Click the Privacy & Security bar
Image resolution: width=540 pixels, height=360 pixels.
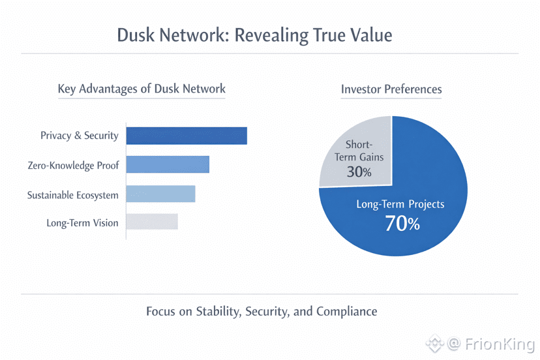pyautogui.click(x=187, y=136)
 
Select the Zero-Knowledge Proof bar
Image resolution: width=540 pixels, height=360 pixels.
pyautogui.click(x=168, y=164)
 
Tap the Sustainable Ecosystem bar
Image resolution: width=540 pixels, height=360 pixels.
pyautogui.click(x=160, y=194)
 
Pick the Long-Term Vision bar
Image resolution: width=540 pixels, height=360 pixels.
pyautogui.click(x=152, y=222)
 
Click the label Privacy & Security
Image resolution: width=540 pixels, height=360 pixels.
pyautogui.click(x=79, y=136)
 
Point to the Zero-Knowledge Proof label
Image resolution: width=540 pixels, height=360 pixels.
pyautogui.click(x=73, y=166)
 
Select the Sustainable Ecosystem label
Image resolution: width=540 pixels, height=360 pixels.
pyautogui.click(x=72, y=195)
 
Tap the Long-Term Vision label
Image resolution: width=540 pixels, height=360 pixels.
pyautogui.click(x=82, y=223)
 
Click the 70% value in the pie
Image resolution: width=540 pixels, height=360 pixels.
pyautogui.click(x=402, y=224)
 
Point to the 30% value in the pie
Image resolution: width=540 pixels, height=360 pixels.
pyautogui.click(x=358, y=172)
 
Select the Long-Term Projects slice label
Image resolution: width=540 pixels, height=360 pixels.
pyautogui.click(x=400, y=204)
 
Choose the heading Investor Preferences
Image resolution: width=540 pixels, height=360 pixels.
pyautogui.click(x=391, y=89)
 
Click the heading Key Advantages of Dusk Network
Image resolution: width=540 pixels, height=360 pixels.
pyautogui.click(x=142, y=89)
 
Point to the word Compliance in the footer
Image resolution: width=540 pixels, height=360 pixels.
pyautogui.click(x=346, y=311)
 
